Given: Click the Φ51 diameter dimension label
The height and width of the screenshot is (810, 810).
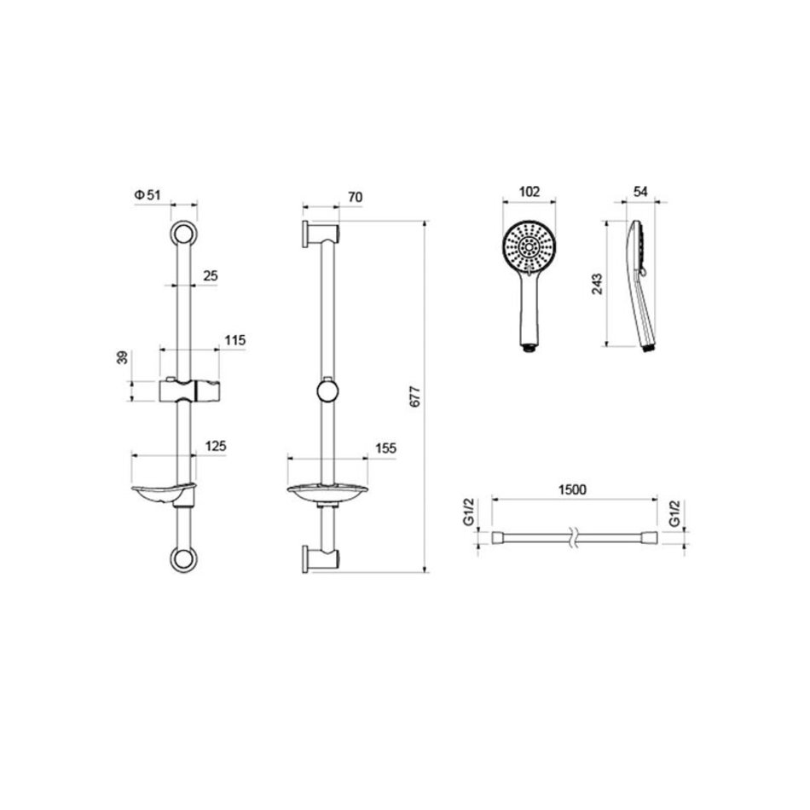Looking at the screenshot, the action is [148, 194].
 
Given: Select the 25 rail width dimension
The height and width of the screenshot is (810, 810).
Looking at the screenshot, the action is [211, 275].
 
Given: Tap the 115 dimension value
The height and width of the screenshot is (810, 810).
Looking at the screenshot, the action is [235, 340].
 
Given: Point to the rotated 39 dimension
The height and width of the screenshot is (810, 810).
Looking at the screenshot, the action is [123, 357].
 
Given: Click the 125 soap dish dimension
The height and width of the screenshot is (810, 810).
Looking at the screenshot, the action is [216, 446].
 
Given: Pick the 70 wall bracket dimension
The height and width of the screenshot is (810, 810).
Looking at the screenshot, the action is [356, 197].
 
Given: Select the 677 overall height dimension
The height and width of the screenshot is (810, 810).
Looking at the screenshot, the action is [415, 396].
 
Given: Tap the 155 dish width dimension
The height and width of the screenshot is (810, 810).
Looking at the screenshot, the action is [386, 448].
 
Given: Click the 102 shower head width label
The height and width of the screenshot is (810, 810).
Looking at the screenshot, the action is [529, 192].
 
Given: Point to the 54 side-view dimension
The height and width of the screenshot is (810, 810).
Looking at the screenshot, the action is [640, 192].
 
